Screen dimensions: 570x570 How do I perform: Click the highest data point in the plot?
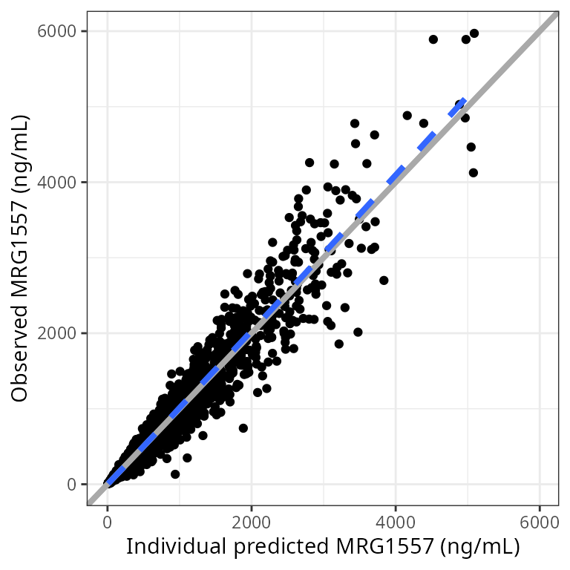pos(474,33)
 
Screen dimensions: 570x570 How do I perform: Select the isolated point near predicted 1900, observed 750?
pos(243,428)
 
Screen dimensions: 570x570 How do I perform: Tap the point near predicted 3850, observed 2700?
pos(384,281)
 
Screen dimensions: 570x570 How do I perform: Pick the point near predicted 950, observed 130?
pos(175,474)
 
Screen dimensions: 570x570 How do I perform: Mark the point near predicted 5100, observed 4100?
pos(474,173)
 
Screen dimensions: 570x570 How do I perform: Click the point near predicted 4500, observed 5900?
pos(433,39)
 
